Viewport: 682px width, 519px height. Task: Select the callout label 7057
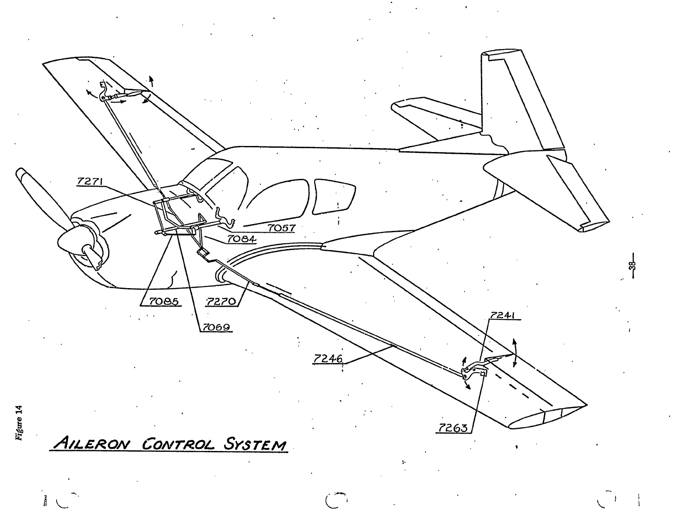[x=282, y=227]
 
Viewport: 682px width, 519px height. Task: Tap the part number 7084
[x=242, y=239]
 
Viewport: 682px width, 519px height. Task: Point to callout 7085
[x=163, y=301]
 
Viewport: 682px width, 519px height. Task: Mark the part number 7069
[x=216, y=327]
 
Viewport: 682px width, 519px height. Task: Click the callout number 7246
[x=328, y=359]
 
